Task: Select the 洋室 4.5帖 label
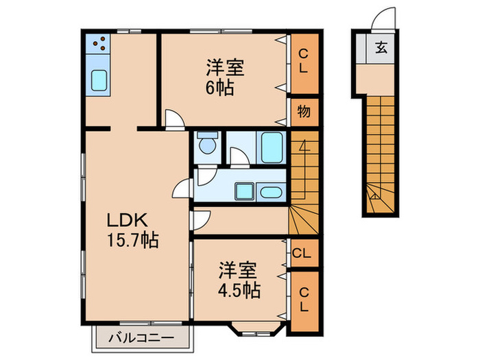click(x=239, y=280)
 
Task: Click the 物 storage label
click(x=303, y=112)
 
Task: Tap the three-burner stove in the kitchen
click(x=98, y=45)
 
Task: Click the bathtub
click(x=271, y=145)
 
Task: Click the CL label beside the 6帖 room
click(x=303, y=62)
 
